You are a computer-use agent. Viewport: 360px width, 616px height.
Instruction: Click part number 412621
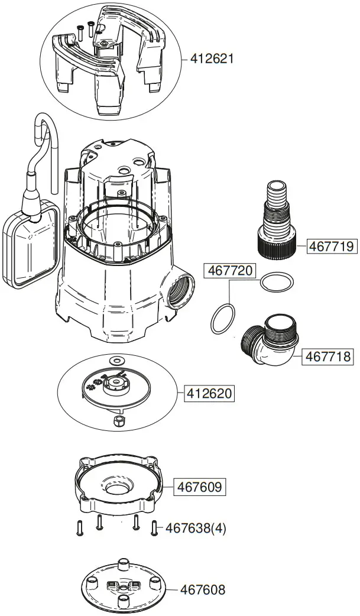click(212, 59)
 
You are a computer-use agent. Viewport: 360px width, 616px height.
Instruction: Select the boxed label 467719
click(332, 246)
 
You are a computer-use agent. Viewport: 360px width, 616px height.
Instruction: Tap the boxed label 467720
click(230, 271)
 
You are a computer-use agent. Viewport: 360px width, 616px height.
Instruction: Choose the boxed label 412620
click(210, 393)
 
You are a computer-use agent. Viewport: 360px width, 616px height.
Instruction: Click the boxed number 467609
click(199, 487)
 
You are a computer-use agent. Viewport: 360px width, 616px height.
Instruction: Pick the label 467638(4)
click(196, 528)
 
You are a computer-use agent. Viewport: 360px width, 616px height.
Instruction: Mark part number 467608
click(203, 589)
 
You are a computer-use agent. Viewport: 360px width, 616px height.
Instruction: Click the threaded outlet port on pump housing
click(180, 288)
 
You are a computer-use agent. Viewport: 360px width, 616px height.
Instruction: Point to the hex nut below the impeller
click(117, 420)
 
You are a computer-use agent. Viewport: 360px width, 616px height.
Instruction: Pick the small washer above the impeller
click(116, 360)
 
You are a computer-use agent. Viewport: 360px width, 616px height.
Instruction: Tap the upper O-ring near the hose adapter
click(275, 281)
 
